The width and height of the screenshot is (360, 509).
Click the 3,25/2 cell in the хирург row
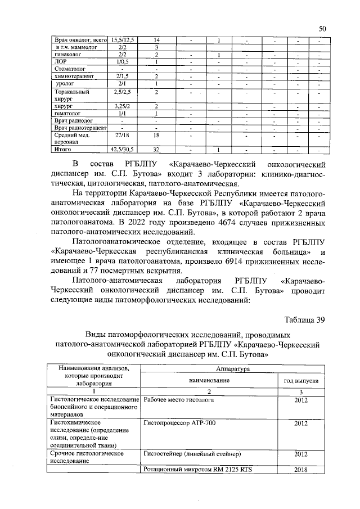122,106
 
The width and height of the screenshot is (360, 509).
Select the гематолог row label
67,113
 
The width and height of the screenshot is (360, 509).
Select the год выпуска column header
300,380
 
